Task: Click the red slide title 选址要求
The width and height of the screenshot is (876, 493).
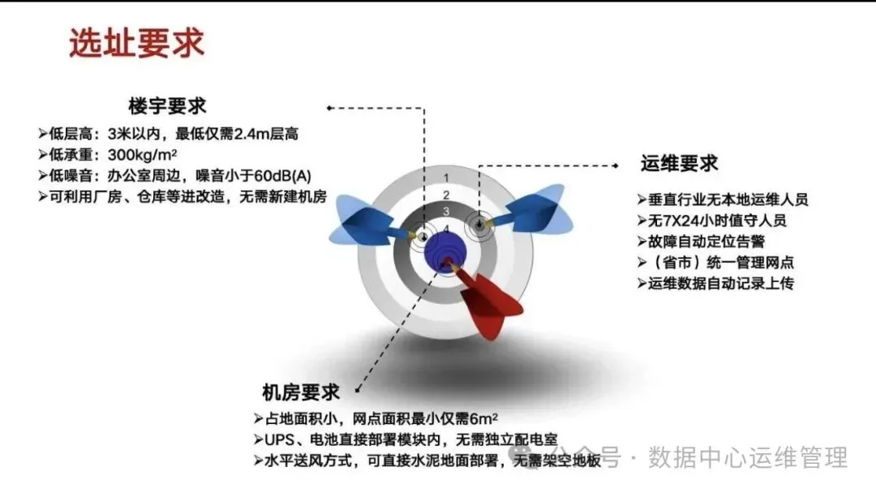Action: point(137,43)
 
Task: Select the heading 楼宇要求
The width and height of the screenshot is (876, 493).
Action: point(168,106)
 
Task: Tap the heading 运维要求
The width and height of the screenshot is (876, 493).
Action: point(679,164)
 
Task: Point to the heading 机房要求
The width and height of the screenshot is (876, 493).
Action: point(301,392)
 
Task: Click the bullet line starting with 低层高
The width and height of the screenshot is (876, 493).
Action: point(168,134)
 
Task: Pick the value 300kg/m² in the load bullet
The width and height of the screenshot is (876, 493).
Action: point(143,155)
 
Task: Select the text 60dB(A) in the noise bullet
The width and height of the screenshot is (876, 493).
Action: point(283,176)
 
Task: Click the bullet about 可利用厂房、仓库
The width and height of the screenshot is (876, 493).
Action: point(182,197)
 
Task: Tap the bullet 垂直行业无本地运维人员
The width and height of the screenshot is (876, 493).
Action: point(723,199)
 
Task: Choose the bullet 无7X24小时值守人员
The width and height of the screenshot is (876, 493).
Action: point(712,221)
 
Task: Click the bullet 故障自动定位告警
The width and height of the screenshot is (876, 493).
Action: point(701,242)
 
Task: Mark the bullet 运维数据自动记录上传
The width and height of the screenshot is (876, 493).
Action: point(715,284)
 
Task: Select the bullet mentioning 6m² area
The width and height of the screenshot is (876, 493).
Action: point(376,418)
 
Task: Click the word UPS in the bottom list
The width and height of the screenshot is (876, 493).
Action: point(279,440)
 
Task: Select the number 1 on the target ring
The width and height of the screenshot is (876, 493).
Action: point(446,178)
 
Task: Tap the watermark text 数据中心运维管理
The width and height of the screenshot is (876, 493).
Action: point(748,458)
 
